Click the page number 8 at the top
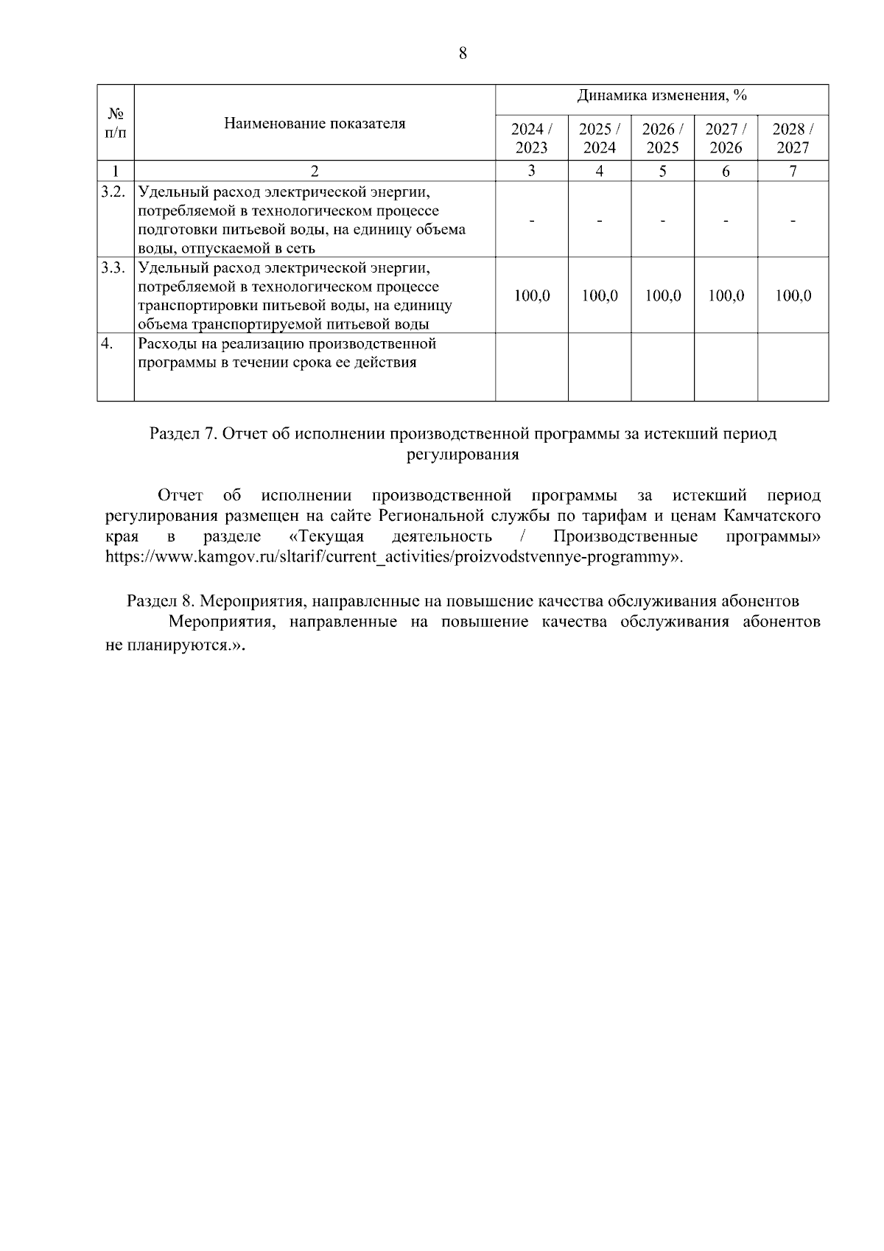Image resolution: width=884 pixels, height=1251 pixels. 463,53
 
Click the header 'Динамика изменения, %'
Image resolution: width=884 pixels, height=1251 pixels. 662,96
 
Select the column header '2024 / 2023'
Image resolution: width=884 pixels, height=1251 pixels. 531,138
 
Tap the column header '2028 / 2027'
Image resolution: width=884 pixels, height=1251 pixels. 793,138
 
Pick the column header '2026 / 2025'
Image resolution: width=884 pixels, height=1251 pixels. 662,138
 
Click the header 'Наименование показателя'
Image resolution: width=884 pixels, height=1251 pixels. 315,123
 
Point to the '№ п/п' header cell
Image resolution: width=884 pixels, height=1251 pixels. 116,123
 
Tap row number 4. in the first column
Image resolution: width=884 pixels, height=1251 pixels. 108,344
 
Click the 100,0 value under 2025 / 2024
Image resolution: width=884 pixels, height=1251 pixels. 600,296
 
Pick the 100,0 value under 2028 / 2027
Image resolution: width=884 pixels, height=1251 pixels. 793,296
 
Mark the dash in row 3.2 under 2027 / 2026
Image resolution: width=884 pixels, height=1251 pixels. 726,220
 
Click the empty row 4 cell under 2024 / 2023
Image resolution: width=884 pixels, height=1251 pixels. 531,367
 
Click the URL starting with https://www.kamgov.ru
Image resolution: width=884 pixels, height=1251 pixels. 393,556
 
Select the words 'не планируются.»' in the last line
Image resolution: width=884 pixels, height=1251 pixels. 174,643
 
